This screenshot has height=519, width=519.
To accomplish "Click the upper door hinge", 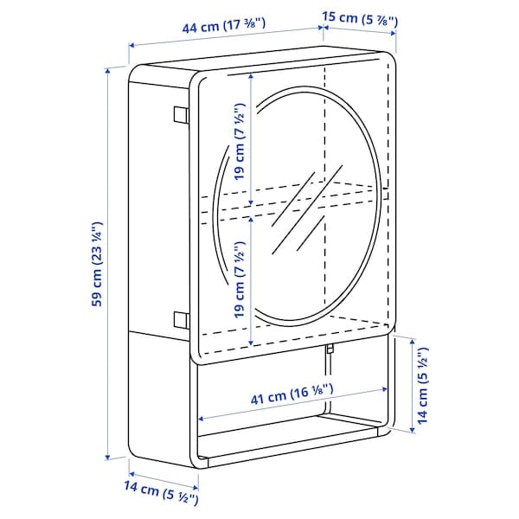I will point(180,115).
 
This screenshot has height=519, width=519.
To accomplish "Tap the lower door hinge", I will point(180,319).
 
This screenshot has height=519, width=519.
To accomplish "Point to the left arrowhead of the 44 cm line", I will point(131,45).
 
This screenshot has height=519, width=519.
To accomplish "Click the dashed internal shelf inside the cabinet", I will point(285,201).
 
